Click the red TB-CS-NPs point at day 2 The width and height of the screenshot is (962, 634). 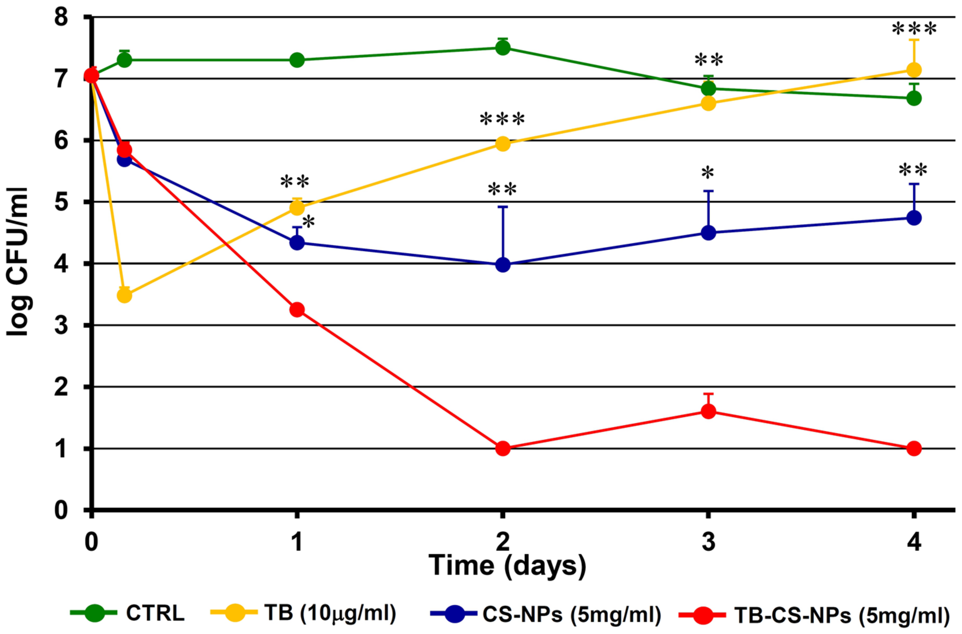point(503,448)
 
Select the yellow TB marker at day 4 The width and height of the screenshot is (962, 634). point(914,70)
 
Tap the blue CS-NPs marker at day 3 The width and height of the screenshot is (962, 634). point(708,233)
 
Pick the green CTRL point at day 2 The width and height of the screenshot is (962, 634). point(503,47)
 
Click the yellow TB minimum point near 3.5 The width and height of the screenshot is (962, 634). point(124,295)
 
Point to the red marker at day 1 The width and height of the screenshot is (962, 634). point(297,309)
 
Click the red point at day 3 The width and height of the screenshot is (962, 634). point(708,411)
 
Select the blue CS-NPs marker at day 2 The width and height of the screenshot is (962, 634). point(503,265)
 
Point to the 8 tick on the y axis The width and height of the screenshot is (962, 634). point(61,17)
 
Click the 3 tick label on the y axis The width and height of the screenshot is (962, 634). point(61,326)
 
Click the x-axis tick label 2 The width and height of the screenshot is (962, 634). point(503,542)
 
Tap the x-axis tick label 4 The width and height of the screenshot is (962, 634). point(914,542)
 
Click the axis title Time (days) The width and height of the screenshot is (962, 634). point(507,565)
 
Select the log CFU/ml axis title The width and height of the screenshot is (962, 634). point(18,262)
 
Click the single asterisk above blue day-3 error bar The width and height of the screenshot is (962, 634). point(708,173)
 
